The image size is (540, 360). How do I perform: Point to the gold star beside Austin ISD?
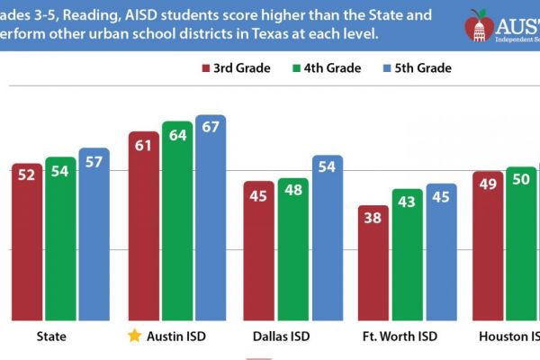point(135,337)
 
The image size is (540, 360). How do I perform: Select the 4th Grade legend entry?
point(328,68)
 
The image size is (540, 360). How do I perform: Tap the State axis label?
point(50,337)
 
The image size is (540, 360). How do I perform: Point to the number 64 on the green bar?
point(176,135)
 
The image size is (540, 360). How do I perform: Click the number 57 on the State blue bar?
point(94,163)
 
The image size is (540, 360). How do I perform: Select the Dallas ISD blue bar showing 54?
point(327,238)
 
